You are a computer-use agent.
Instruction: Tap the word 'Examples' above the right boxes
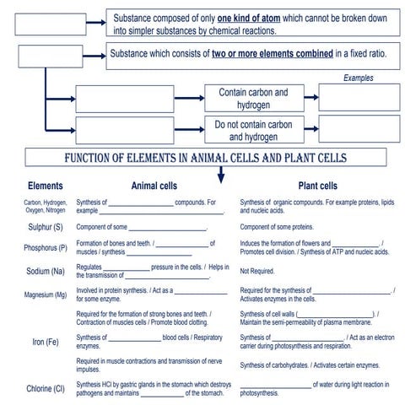359,78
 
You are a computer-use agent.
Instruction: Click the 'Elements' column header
45,186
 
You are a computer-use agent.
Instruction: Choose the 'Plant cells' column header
317,186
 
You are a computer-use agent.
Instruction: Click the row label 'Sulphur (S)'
45,227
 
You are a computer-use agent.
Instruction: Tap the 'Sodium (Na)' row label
45,270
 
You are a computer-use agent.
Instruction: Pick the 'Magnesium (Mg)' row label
45,294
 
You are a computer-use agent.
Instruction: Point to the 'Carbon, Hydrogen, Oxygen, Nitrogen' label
45,206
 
